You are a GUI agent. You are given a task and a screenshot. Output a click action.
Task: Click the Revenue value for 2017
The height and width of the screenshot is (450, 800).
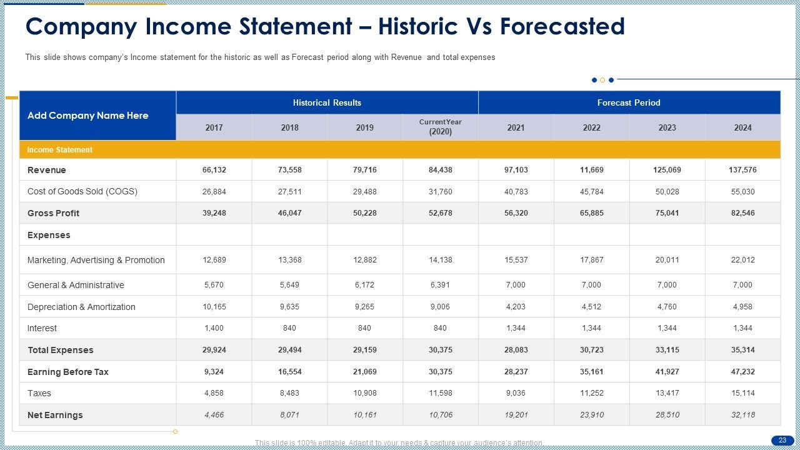pos(214,170)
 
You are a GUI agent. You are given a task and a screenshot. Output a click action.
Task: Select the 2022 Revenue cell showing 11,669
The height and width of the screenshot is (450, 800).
pos(591,170)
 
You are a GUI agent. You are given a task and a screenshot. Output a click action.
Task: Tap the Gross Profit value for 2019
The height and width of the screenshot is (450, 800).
pos(364,213)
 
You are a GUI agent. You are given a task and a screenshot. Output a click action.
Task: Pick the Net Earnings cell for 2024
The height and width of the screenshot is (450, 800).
pos(742,415)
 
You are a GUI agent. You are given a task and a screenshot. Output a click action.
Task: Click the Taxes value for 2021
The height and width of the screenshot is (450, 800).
pos(516,393)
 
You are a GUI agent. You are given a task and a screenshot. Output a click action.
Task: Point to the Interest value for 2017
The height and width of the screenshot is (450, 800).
pos(214,328)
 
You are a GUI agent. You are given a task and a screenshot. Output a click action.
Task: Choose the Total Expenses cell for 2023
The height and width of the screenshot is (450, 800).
pos(667,350)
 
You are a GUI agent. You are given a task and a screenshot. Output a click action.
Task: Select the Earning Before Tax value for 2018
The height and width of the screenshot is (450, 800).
pos(289,372)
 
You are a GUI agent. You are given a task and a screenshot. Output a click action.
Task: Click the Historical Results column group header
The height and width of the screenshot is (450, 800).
pos(327,102)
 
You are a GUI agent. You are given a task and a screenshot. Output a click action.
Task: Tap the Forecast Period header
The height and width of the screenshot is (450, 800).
pos(629,102)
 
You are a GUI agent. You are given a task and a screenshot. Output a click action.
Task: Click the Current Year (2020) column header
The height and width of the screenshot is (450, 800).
pos(440,127)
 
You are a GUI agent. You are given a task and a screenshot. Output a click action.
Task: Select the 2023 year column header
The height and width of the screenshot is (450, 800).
pos(667,127)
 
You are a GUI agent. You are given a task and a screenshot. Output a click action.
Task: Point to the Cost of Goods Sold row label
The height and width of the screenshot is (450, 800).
pos(82,191)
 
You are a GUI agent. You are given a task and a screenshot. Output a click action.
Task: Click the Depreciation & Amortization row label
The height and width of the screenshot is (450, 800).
pos(81,307)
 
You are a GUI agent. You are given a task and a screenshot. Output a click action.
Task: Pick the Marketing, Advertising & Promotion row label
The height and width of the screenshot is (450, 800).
pos(96,260)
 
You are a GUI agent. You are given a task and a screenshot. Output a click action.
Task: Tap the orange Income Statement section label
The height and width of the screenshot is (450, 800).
pos(60,150)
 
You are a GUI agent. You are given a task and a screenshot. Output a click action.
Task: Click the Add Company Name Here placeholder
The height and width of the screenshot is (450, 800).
pos(88,116)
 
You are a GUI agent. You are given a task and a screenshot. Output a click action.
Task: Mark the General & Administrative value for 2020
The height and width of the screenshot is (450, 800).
pos(440,285)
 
